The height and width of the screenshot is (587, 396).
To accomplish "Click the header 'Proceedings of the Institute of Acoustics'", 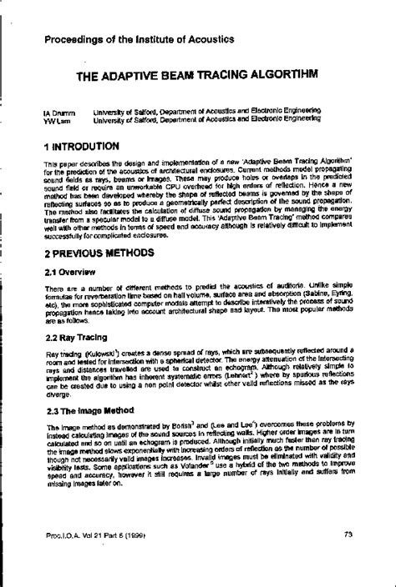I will (139, 39).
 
